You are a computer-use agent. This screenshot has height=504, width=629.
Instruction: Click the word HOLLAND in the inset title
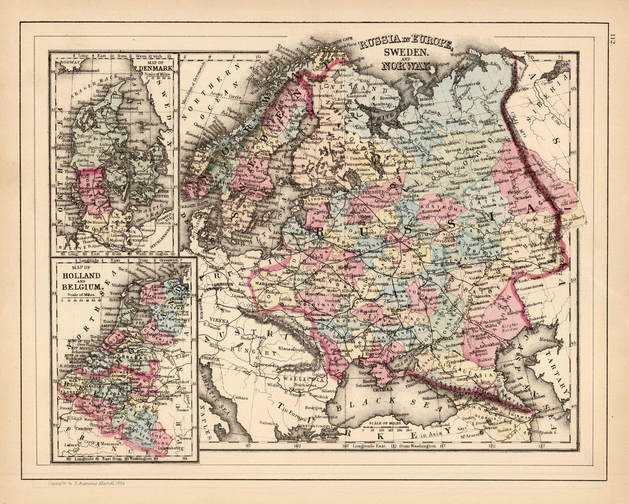click(x=81, y=275)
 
